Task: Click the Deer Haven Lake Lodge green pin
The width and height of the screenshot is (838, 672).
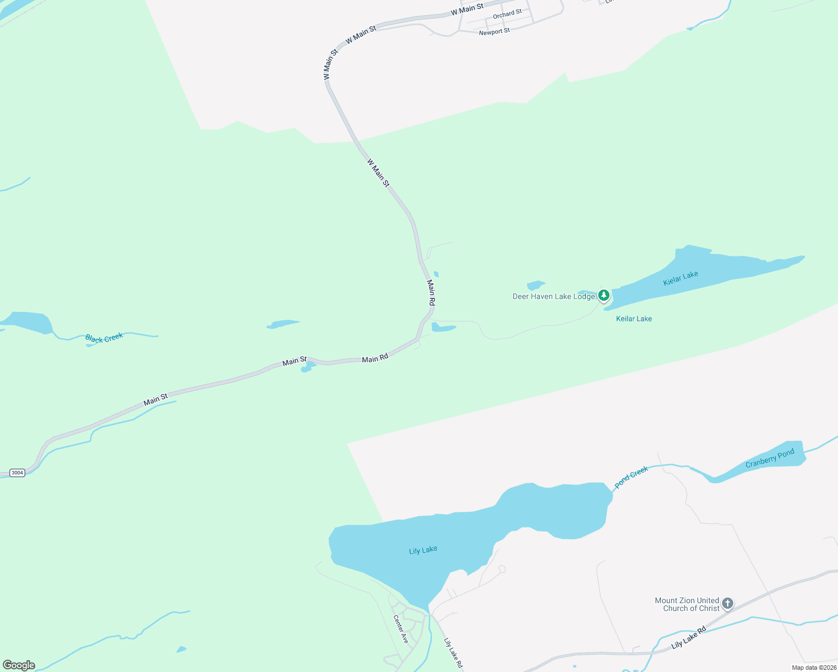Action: point(603,295)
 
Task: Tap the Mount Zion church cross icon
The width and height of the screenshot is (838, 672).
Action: point(727,603)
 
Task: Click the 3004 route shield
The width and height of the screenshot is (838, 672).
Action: point(17,473)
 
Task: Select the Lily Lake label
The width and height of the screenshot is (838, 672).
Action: point(423,550)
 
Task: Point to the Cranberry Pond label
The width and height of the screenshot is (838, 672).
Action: point(770,458)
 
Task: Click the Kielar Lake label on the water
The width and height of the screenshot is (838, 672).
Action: point(681,278)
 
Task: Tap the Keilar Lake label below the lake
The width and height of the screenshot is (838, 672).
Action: point(634,319)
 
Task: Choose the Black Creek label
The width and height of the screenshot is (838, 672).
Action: point(104,338)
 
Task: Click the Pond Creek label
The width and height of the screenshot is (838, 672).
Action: point(631,477)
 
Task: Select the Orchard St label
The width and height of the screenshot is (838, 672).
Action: point(507,13)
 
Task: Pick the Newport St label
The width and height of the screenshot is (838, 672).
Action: point(494,32)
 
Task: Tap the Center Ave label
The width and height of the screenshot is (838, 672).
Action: point(401,629)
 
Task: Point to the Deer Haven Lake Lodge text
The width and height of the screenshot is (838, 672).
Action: point(553,296)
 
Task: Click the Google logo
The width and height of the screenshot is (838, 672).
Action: point(19,665)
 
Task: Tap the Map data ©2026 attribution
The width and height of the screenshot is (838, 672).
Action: point(813,668)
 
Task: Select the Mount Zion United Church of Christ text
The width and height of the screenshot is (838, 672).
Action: point(687,604)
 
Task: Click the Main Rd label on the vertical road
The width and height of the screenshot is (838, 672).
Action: point(431,292)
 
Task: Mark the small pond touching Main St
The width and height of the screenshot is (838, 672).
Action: point(307,367)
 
